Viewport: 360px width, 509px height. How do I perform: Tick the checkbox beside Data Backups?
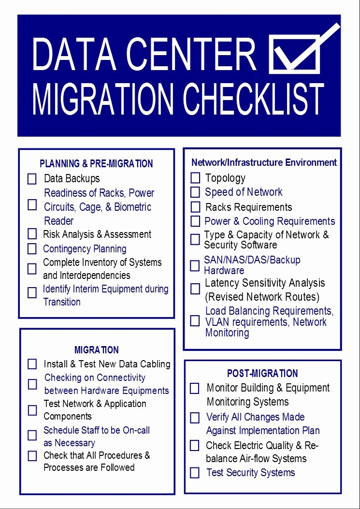click(32, 179)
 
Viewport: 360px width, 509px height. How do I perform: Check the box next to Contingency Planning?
click(32, 249)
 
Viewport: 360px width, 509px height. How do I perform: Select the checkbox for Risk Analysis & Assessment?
click(32, 234)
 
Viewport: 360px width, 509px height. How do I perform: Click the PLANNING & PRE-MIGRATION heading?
click(96, 164)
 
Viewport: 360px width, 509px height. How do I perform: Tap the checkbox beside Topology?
click(195, 178)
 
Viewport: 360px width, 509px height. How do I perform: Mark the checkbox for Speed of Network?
click(195, 192)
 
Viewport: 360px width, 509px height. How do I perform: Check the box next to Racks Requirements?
click(195, 207)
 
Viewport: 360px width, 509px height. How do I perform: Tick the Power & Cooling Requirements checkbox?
click(195, 221)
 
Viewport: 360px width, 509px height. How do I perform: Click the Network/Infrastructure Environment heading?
click(264, 162)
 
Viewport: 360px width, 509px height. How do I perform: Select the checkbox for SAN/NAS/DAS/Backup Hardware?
click(195, 265)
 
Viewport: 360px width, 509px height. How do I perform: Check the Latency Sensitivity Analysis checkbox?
click(195, 289)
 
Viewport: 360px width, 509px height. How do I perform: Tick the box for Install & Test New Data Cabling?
click(32, 364)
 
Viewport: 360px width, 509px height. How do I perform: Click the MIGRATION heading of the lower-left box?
click(96, 350)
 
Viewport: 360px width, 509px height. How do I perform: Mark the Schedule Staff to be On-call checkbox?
click(32, 436)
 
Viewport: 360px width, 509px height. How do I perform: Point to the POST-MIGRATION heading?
click(262, 374)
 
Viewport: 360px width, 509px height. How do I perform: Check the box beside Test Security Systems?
click(195, 473)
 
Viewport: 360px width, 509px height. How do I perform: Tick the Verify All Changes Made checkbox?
click(195, 418)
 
